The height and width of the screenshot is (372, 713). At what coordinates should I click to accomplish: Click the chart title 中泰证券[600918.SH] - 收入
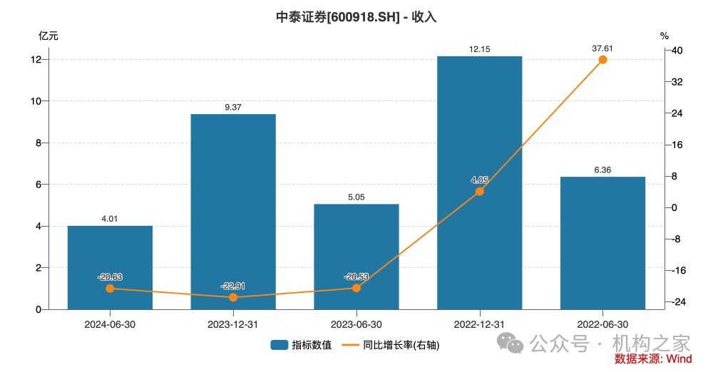click(x=356, y=17)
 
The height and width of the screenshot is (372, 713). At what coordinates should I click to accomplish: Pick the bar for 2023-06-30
click(x=356, y=257)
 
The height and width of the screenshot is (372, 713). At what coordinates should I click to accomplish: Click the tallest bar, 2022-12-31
click(x=480, y=128)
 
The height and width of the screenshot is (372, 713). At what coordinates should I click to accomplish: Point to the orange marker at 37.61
click(x=603, y=60)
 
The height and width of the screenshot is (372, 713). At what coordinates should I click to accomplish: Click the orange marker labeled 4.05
click(x=480, y=192)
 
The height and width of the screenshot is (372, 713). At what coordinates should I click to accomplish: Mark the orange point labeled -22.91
click(x=233, y=297)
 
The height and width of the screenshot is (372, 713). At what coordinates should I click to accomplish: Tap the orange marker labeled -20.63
click(x=110, y=289)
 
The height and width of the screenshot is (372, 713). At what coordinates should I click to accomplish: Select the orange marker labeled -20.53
click(x=356, y=288)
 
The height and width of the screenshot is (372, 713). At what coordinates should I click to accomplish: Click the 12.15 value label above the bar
click(x=480, y=49)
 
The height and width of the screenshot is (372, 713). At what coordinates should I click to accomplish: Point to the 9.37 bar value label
click(x=233, y=107)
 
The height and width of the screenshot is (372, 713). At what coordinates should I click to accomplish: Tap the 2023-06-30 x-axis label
click(x=356, y=324)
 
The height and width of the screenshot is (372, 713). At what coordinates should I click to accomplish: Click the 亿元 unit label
click(x=48, y=35)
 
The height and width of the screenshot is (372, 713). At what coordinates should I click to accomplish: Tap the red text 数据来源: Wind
click(x=653, y=359)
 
